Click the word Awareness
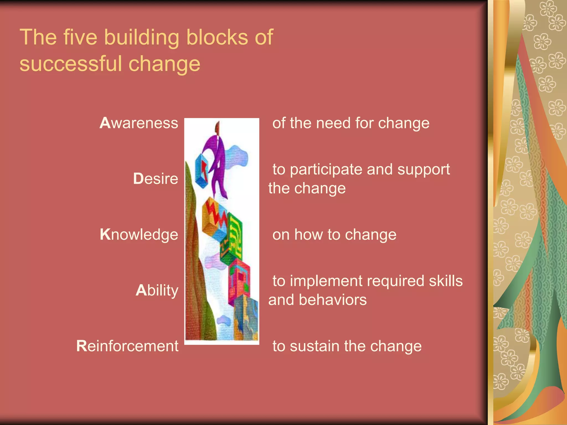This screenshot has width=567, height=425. (139, 123)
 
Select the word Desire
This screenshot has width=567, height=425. (156, 178)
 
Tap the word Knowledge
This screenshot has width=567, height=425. (139, 235)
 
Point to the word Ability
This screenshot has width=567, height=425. (157, 291)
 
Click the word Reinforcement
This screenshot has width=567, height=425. (127, 346)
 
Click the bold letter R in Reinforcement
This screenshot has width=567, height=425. (82, 346)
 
